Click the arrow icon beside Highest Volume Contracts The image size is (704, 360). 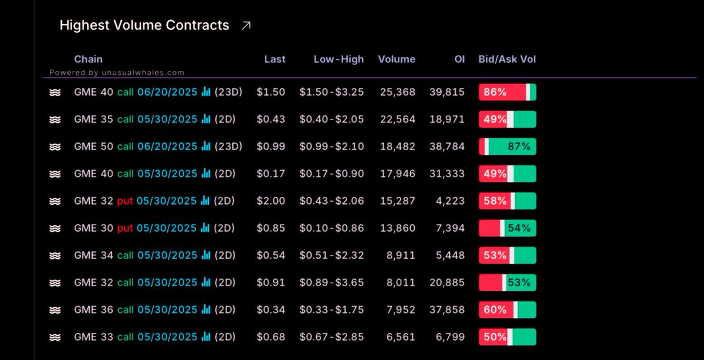click(246, 26)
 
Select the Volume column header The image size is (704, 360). click(397, 59)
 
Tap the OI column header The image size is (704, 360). click(459, 59)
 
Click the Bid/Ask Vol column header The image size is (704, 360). click(507, 59)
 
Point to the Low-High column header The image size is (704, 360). click(339, 59)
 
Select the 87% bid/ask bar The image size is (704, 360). click(507, 147)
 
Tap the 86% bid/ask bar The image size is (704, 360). click(507, 92)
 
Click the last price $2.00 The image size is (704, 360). click(271, 201)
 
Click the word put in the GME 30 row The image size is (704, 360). click(124, 228)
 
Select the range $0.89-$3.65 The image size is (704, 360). click(331, 283)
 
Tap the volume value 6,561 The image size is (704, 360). click(400, 337)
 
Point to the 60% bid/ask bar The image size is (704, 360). click(507, 310)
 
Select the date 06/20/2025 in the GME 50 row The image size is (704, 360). click(167, 147)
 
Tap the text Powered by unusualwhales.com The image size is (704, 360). click(117, 73)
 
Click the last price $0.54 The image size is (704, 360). click(271, 256)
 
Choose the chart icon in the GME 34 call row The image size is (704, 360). click(205, 255)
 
